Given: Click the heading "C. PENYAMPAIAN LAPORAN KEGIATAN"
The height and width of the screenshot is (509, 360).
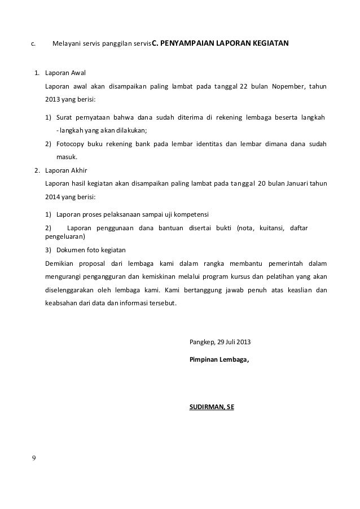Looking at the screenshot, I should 221,43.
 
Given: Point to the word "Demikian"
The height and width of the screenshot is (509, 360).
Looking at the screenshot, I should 60,263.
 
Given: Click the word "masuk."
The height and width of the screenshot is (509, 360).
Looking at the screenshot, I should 67,157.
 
